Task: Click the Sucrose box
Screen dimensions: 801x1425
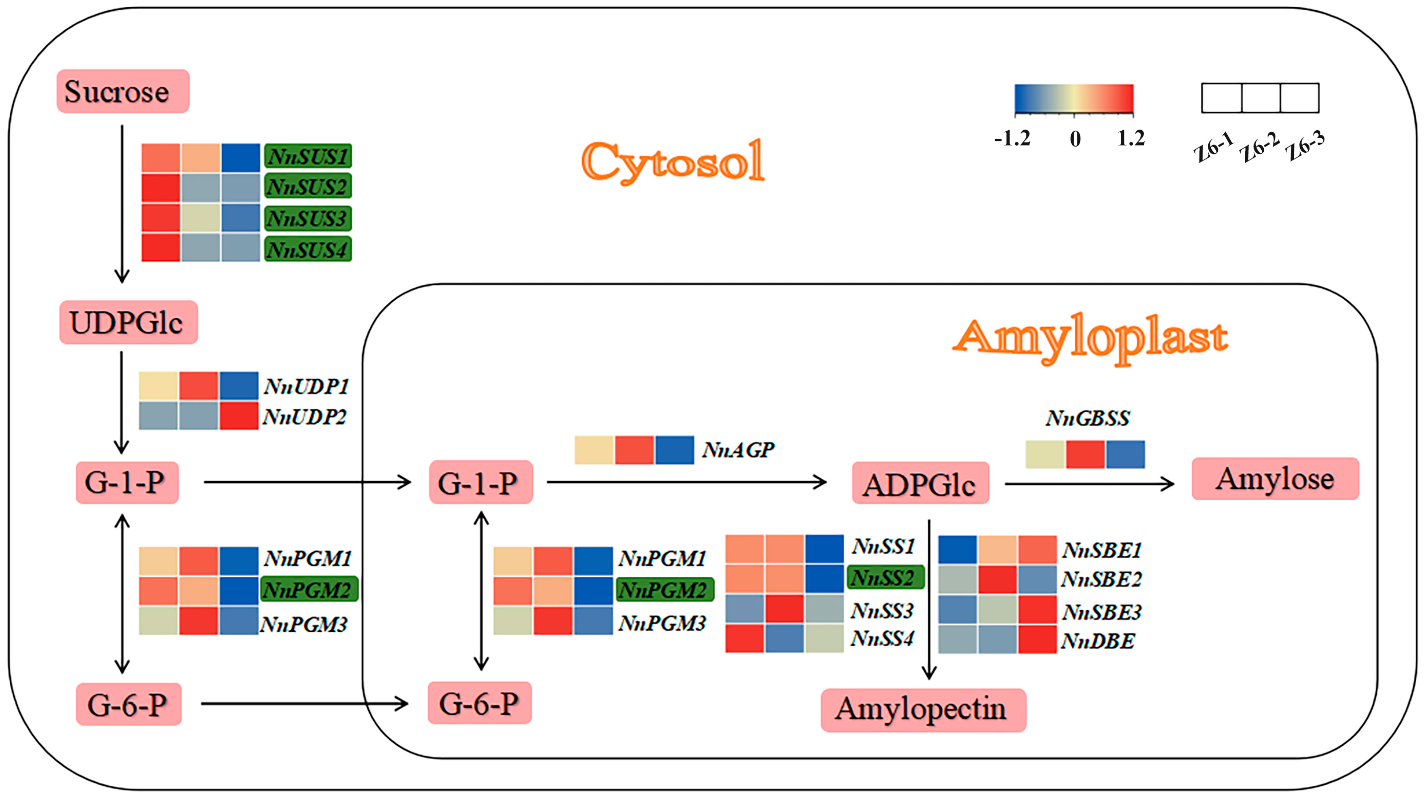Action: pos(123,91)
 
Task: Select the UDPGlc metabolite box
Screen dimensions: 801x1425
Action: pos(129,322)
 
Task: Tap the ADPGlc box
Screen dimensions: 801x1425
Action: pos(920,483)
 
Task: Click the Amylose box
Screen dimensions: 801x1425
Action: pos(1274,479)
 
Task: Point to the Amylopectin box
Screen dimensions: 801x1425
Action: pos(923,710)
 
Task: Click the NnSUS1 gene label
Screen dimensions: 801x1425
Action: pos(307,157)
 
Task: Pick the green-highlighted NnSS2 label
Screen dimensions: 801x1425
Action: pos(885,577)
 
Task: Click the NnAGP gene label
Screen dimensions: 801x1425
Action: pos(738,450)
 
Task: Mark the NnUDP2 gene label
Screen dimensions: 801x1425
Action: pos(305,416)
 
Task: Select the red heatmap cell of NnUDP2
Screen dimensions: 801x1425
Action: pos(238,415)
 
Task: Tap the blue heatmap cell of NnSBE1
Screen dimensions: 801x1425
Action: pos(958,550)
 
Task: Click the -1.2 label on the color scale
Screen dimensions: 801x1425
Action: pos(1012,138)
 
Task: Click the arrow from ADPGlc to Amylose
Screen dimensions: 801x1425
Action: pos(1089,484)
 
